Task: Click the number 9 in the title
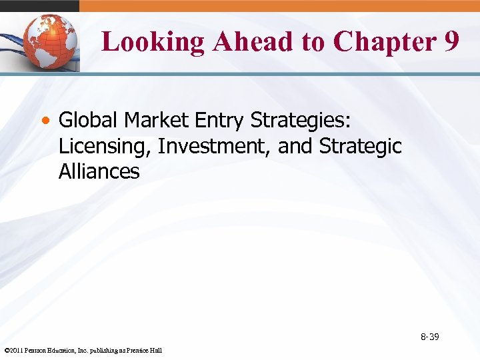click(450, 41)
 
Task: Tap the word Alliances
click(99, 171)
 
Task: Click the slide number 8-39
click(429, 337)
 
